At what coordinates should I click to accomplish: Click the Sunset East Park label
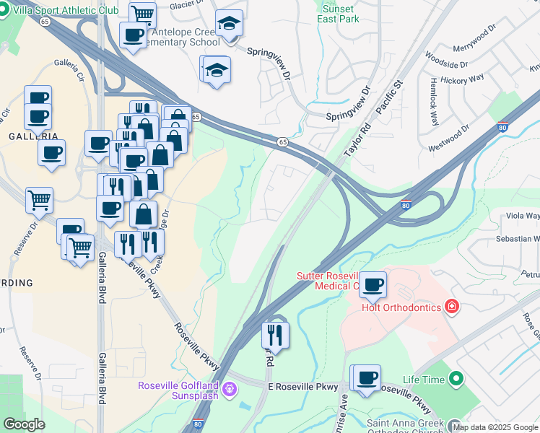coord(338,13)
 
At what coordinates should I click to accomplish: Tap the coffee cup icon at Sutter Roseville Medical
coord(373,284)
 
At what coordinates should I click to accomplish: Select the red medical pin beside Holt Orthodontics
coord(452,307)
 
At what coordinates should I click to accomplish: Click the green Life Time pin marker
coord(456,378)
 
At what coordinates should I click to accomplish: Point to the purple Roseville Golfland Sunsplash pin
coord(230,390)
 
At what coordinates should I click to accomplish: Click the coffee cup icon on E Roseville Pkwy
coord(367,377)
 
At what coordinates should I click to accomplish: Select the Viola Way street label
coord(523,216)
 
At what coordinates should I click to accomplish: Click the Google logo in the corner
coord(25,424)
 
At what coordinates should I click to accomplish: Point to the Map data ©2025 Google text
coord(495,427)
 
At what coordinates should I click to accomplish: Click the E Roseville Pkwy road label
coord(302,388)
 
